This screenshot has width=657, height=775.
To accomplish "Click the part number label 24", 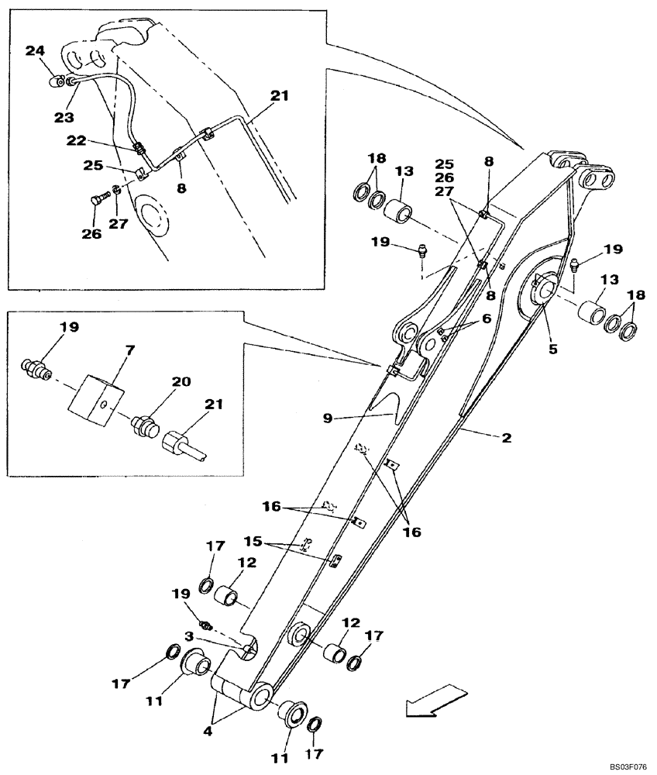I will click(x=34, y=51).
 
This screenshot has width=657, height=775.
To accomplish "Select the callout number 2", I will click(x=506, y=438).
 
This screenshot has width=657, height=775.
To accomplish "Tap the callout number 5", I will click(x=552, y=349).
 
